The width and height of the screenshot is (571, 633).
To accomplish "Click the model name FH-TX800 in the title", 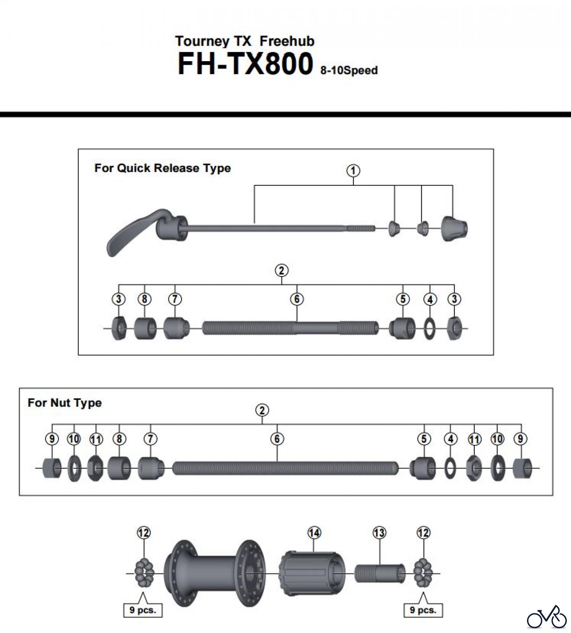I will pos(245,64).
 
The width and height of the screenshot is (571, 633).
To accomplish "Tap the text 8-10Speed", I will pos(349,70).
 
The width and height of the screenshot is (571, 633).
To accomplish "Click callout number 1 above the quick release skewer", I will pos(353,171).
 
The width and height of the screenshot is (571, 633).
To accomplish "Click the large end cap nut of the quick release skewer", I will pos(454,229).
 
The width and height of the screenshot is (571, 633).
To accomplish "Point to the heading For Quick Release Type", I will pos(162,168).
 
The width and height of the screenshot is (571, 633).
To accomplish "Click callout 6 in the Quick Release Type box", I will pos(297,299).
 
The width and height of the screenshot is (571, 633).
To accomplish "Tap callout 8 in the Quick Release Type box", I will pos(144,299).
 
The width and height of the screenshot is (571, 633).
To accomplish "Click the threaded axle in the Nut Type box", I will pos(285,468).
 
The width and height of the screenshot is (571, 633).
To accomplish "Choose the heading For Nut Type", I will pos(64,403).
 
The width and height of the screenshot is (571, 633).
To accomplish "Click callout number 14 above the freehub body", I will pos(314,533).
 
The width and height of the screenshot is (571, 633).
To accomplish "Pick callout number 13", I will pos(379,533).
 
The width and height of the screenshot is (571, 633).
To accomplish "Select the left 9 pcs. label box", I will pos(142,610).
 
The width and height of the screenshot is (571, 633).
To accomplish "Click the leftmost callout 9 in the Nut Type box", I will pos(52,439).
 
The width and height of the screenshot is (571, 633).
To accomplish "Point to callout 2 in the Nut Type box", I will pos(262,410).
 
